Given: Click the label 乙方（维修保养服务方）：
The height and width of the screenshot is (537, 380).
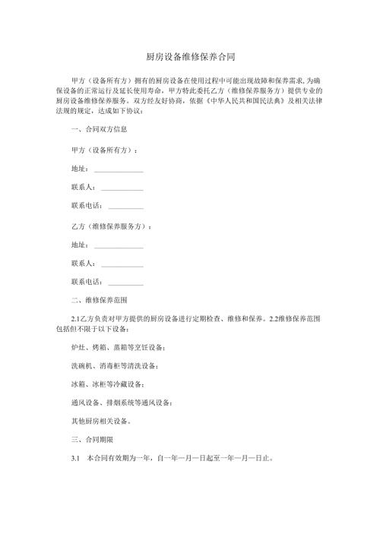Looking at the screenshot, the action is (110, 226).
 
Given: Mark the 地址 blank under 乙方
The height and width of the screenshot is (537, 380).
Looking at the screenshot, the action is (118, 245).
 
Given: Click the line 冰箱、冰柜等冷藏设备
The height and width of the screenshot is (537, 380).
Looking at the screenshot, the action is (106, 384).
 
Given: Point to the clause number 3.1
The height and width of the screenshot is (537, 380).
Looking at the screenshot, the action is (74, 459).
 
